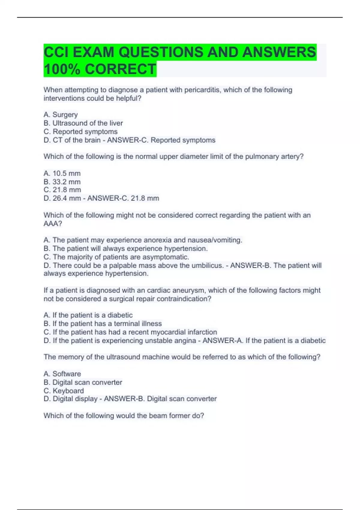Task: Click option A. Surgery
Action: tap(61, 115)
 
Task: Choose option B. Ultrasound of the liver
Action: tap(83, 123)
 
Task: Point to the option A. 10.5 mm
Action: tap(62, 173)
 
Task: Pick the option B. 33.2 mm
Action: tap(62, 182)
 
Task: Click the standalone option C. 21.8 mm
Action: tap(62, 190)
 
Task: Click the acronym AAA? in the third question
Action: tap(53, 223)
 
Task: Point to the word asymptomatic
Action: tap(166, 257)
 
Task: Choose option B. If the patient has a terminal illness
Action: tap(103, 324)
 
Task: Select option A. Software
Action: tap(62, 374)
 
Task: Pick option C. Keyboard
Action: tap(64, 391)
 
